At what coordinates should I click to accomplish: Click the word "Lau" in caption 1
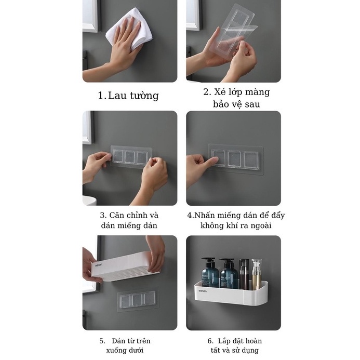pyautogui.click(x=117, y=96)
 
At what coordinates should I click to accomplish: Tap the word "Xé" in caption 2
pyautogui.click(x=220, y=92)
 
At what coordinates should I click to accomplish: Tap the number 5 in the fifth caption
pyautogui.click(x=102, y=341)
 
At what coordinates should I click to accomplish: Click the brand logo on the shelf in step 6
pyautogui.click(x=203, y=291)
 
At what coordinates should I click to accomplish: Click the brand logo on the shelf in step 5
pyautogui.click(x=99, y=265)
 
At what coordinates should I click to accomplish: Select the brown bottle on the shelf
pyautogui.click(x=244, y=274)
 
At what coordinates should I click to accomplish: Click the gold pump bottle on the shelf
pyautogui.click(x=256, y=274)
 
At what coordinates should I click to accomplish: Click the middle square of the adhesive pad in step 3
pyautogui.click(x=130, y=157)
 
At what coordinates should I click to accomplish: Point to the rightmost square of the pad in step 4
pyautogui.click(x=251, y=160)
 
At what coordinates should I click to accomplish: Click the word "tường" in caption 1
pyautogui.click(x=144, y=96)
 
